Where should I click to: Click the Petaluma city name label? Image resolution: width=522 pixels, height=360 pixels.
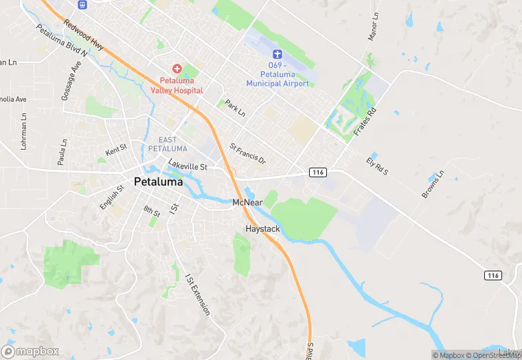click(159, 183)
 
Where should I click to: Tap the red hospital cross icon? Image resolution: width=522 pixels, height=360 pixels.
click(177, 69)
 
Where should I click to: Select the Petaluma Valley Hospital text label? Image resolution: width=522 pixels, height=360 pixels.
click(177, 85)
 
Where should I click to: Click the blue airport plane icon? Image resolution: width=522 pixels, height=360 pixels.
click(277, 54)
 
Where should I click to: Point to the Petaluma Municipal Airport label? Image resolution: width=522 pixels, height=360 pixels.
click(277, 74)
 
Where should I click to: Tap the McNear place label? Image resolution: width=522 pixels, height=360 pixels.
click(248, 203)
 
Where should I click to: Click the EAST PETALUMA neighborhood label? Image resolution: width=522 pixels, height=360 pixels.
click(168, 144)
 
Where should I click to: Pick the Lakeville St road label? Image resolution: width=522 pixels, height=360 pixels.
click(192, 166)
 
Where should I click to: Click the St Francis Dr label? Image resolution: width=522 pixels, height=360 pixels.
click(247, 154)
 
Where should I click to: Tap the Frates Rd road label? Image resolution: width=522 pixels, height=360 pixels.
click(365, 122)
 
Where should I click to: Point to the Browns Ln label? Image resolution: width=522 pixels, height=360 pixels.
click(433, 184)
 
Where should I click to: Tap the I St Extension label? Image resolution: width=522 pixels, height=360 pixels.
click(198, 295)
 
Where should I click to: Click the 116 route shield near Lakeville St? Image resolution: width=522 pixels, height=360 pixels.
click(317, 172)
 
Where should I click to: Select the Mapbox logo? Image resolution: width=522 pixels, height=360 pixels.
click(30, 351)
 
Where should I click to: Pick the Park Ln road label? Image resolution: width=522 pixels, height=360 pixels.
click(235, 109)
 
